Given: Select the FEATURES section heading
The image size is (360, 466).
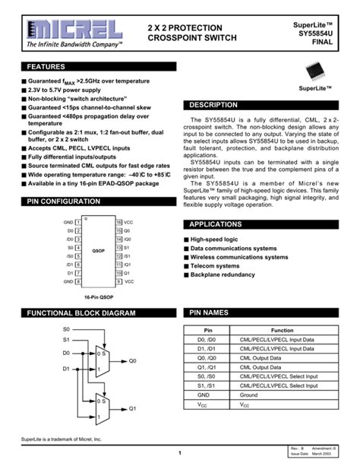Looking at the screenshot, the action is click(46, 68).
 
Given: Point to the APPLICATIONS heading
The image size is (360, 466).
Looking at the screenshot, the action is click(215, 225).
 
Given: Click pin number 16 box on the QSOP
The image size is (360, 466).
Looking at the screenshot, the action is click(119, 221).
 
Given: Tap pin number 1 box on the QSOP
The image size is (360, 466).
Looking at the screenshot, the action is click(78, 221).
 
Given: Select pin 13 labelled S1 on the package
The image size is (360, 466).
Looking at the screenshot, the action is click(119, 247).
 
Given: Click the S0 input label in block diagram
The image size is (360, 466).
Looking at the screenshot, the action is click(66, 329).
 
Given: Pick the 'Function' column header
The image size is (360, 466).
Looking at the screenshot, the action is click(283, 331).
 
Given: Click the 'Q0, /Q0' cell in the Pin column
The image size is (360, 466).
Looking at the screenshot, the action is click(206, 358).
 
